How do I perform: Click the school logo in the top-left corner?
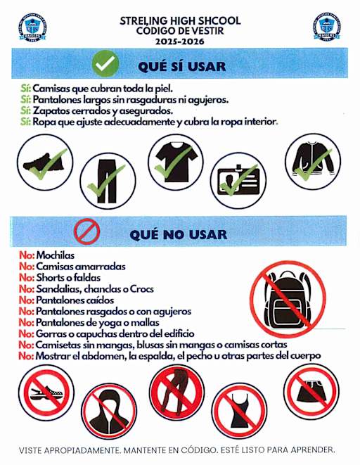(32, 29)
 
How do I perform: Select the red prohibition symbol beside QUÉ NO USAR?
(87, 231)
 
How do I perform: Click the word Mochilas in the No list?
(56, 256)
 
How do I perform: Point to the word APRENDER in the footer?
(309, 449)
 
